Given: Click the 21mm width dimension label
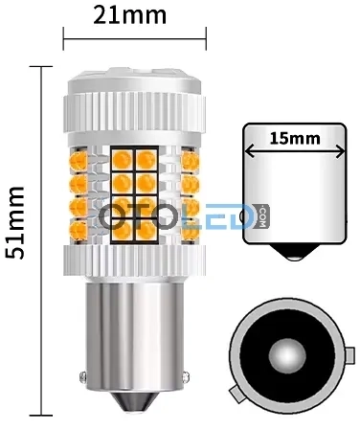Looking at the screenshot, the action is coord(130,15).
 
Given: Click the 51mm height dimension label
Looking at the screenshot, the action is coord(14,223).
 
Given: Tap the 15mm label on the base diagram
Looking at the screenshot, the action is coord(295,139).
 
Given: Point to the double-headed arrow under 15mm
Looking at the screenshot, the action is coord(295,150).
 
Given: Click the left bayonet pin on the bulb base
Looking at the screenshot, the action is coord(82,376).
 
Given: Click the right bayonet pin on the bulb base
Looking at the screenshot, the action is coord(186,376).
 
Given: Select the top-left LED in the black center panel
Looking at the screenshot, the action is coord(123,160).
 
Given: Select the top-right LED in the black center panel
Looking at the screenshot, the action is coord(146,160).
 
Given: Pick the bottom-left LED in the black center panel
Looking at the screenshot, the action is coord(123,230).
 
